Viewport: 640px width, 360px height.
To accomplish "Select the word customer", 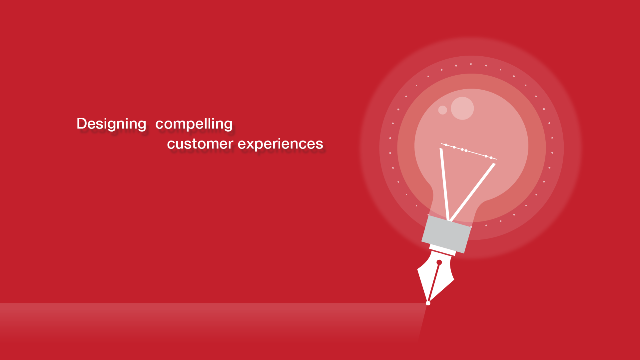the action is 200,144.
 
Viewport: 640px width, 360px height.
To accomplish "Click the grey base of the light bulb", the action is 446,234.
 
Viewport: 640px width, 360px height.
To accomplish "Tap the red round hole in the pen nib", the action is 439,262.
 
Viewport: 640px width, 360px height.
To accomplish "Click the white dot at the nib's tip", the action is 428,303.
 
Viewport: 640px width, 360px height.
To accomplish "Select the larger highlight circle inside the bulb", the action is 462,108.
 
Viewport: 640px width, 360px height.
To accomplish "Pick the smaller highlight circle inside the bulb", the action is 442,110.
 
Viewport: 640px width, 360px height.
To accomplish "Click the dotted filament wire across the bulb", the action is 469,151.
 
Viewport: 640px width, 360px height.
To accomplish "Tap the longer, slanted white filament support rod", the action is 472,192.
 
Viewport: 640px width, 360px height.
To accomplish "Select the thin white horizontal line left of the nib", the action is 213,303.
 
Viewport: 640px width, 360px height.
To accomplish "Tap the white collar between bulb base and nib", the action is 442,250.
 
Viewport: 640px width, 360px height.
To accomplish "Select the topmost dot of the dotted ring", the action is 471,64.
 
